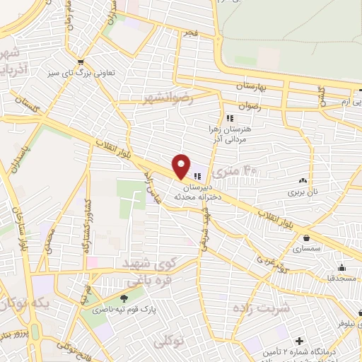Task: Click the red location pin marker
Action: click(x=182, y=166)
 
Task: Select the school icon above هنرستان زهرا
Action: click(x=228, y=117)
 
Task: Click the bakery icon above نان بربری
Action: click(x=303, y=180)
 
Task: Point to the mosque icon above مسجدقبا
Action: click(x=341, y=267)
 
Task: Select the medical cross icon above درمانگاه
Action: click(x=300, y=341)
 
